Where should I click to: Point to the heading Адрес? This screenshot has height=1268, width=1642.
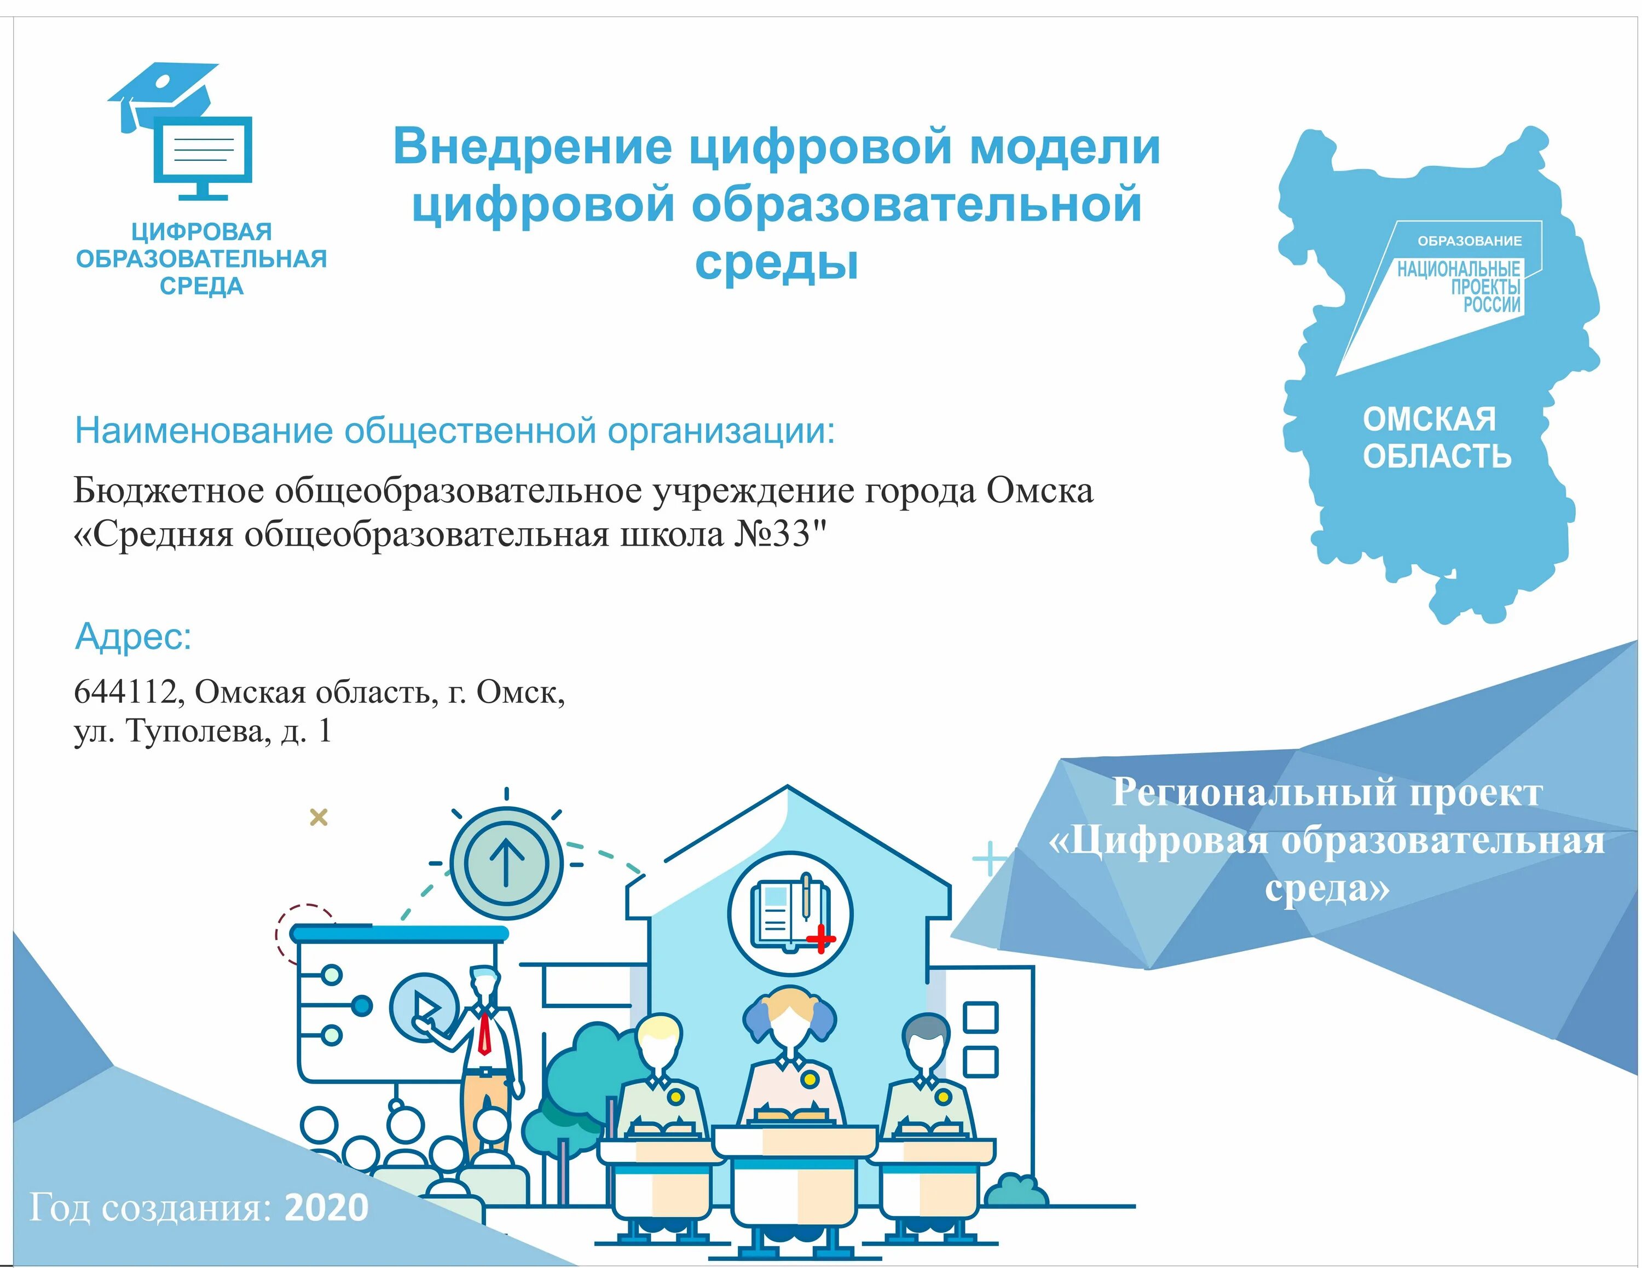click(133, 636)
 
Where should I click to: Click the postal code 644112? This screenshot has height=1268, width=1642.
click(125, 692)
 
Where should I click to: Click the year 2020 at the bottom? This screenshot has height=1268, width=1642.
click(326, 1208)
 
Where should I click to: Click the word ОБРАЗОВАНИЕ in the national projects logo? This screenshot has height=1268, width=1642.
click(1469, 241)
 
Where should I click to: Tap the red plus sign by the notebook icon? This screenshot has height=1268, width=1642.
click(820, 939)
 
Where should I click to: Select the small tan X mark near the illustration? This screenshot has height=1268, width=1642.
click(319, 817)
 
